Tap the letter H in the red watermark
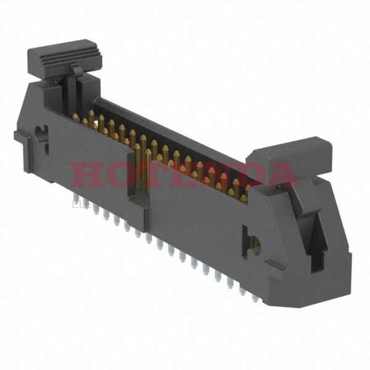pos(87,175)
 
